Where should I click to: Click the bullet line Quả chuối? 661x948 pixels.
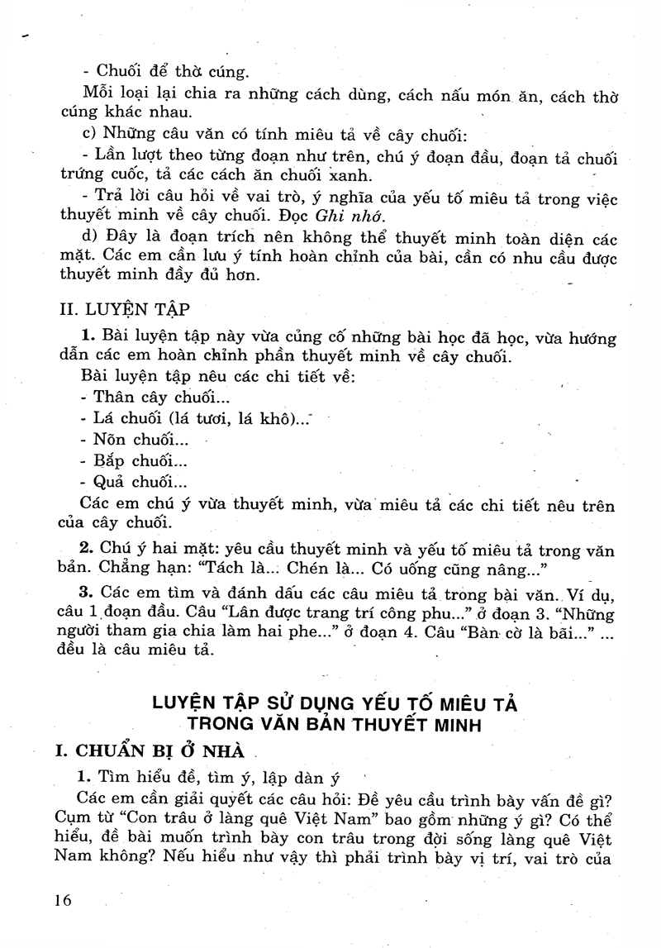tap(134, 484)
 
